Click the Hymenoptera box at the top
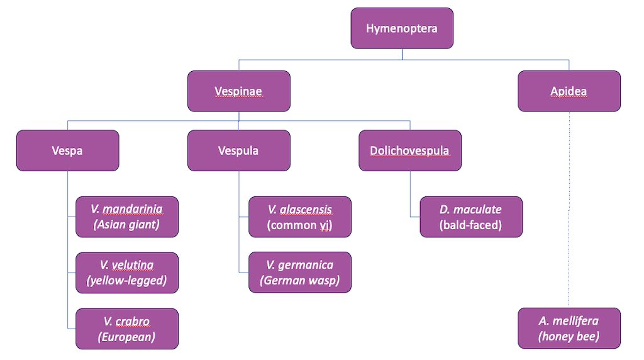(x=402, y=28)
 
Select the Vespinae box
(x=238, y=91)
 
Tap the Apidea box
(x=569, y=91)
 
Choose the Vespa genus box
(x=67, y=150)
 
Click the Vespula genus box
(x=238, y=150)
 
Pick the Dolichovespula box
(x=410, y=150)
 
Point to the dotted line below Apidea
(x=569, y=208)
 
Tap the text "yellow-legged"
(x=126, y=281)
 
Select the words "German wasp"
(x=299, y=281)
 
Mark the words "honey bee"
(x=569, y=337)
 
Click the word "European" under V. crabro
(x=126, y=337)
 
